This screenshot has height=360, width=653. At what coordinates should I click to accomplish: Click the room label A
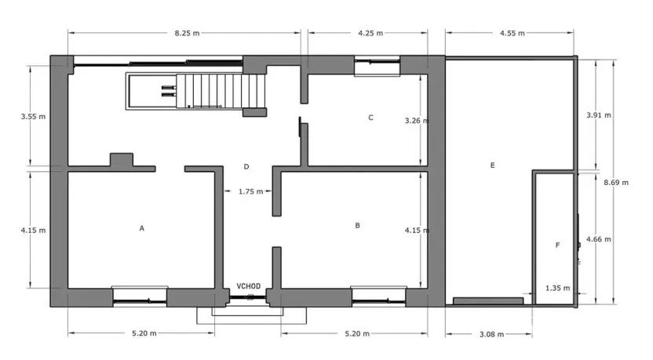(142, 228)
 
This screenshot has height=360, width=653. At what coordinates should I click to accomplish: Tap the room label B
(358, 225)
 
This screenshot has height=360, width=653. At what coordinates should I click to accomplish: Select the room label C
(370, 118)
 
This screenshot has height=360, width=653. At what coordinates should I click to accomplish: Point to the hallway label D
(246, 166)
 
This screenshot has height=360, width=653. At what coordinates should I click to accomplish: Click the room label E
(492, 165)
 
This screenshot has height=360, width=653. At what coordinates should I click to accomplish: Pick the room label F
(558, 245)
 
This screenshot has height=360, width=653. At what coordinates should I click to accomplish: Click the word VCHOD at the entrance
(249, 286)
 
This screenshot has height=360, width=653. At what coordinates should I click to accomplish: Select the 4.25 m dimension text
(370, 33)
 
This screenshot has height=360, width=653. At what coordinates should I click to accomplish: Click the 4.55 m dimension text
(512, 33)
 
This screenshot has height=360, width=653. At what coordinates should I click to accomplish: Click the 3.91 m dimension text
(599, 115)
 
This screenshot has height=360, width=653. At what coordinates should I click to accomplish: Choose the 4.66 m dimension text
(599, 239)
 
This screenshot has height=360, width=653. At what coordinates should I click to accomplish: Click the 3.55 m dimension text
(33, 117)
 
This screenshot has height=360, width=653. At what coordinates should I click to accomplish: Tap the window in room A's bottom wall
(140, 295)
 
